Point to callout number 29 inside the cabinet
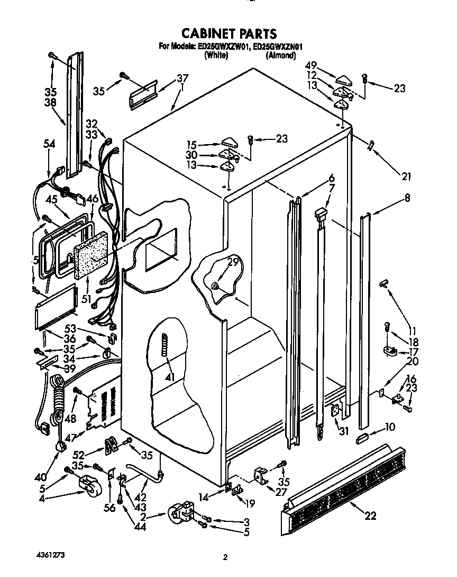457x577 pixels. click(x=233, y=261)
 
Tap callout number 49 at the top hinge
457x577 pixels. click(x=311, y=65)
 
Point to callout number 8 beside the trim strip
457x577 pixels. click(x=407, y=199)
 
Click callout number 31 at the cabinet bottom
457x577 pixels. click(x=344, y=431)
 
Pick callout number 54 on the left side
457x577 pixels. click(x=49, y=144)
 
